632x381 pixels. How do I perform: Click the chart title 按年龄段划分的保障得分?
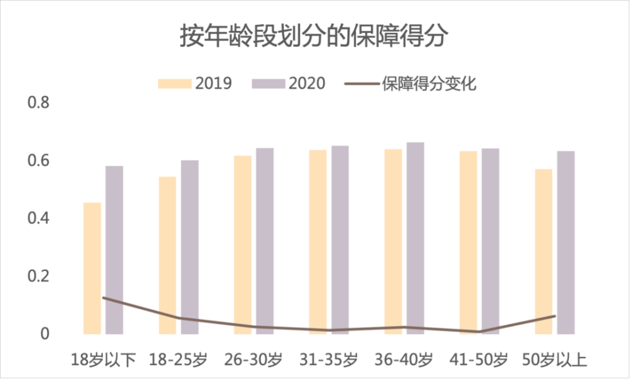(x=313, y=36)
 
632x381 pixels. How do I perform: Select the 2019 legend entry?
(x=195, y=84)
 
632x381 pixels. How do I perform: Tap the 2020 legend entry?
(x=289, y=84)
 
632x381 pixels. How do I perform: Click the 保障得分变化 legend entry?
(x=411, y=84)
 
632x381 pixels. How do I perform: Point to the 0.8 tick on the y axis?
(x=39, y=103)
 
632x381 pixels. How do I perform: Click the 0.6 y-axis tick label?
(x=39, y=161)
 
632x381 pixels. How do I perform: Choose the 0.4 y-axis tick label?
(x=39, y=218)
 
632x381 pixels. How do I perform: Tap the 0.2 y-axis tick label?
(x=39, y=276)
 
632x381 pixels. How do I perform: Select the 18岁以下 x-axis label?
(x=103, y=359)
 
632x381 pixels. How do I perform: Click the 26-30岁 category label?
(x=253, y=359)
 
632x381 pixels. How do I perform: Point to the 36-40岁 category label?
(x=404, y=359)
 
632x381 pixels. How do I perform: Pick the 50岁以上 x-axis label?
(x=555, y=359)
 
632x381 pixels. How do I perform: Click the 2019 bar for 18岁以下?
(x=92, y=268)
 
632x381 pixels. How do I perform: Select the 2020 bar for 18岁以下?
(x=114, y=250)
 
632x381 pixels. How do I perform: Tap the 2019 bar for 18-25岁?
(x=167, y=256)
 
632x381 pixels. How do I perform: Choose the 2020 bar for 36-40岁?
(x=415, y=238)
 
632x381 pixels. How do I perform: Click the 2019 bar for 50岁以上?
(x=544, y=251)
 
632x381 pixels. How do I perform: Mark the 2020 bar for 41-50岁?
(x=490, y=241)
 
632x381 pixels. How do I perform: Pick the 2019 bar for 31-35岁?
(x=318, y=242)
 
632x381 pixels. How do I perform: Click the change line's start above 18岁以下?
(x=103, y=298)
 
